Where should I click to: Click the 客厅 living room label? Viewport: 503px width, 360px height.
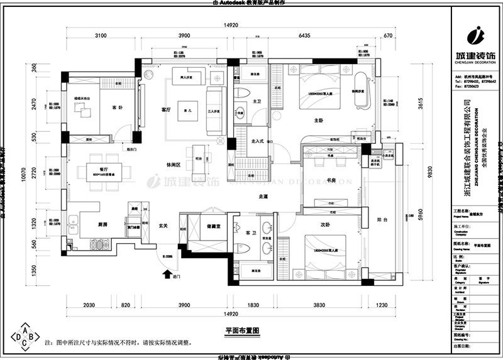pos(166,109)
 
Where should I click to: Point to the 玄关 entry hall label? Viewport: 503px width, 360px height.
pos(163,226)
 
